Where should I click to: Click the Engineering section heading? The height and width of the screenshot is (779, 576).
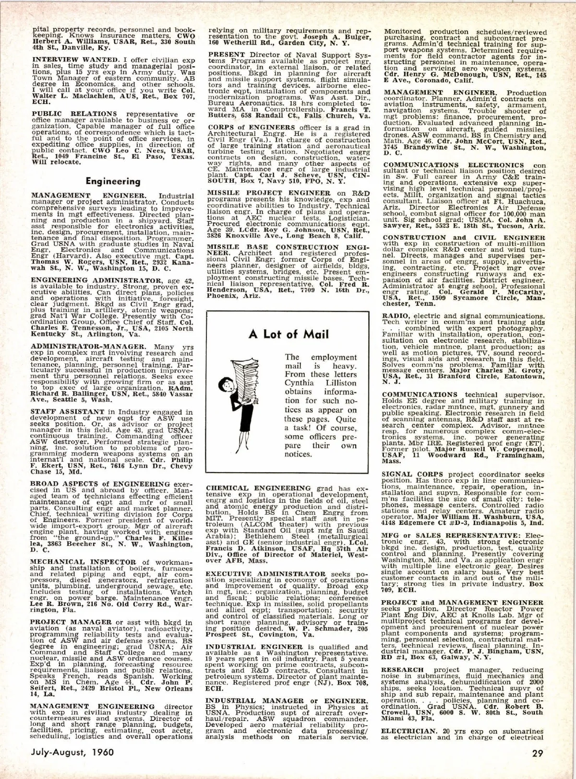point(113,181)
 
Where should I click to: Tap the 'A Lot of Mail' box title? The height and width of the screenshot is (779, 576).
point(288,335)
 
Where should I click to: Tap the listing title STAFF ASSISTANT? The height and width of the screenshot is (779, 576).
point(60,411)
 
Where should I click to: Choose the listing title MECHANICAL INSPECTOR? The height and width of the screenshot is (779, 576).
point(77,562)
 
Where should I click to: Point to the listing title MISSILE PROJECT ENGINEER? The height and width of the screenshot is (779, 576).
point(262,193)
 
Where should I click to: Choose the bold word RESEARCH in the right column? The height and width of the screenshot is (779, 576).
point(403,670)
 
